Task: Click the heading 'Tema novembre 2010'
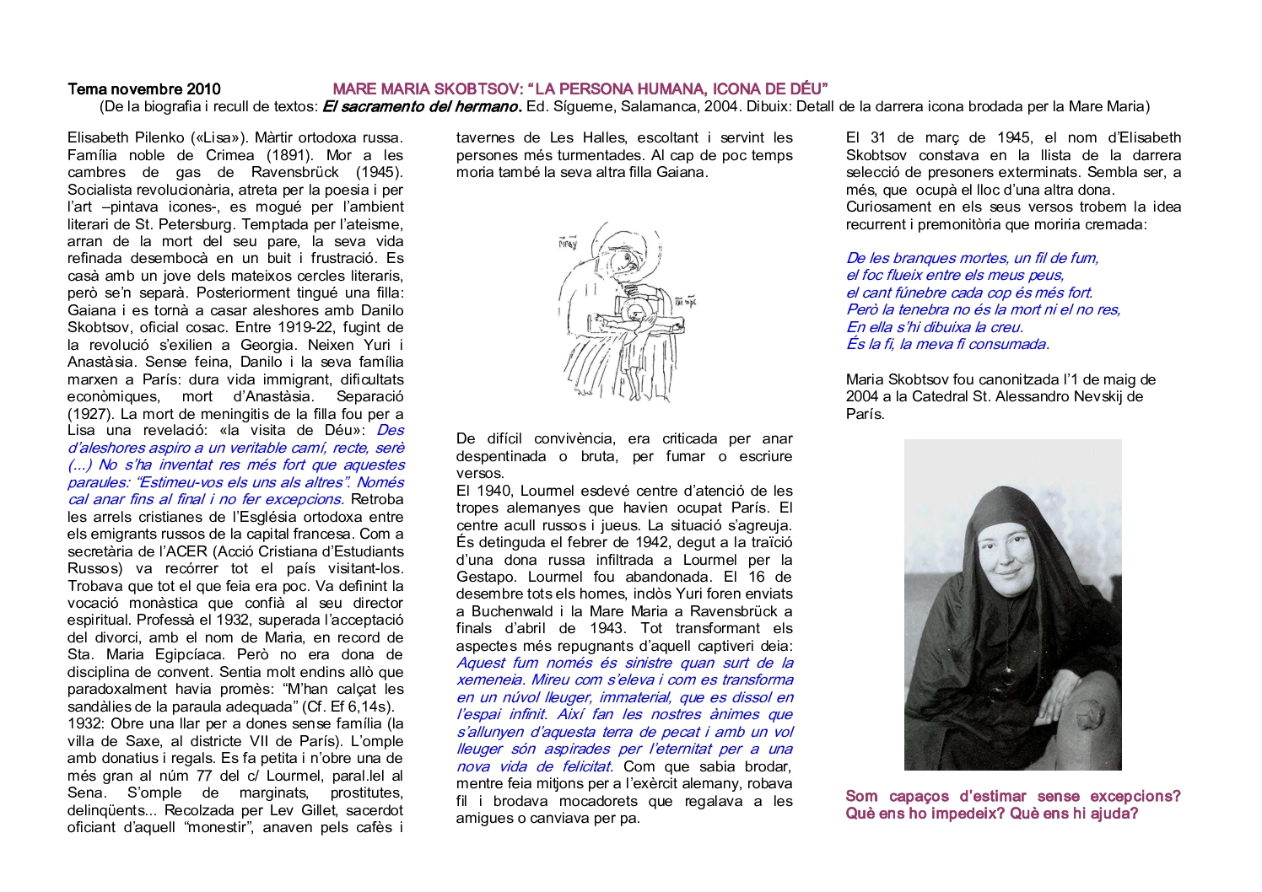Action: coord(143,89)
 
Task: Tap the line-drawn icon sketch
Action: coord(624,312)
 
